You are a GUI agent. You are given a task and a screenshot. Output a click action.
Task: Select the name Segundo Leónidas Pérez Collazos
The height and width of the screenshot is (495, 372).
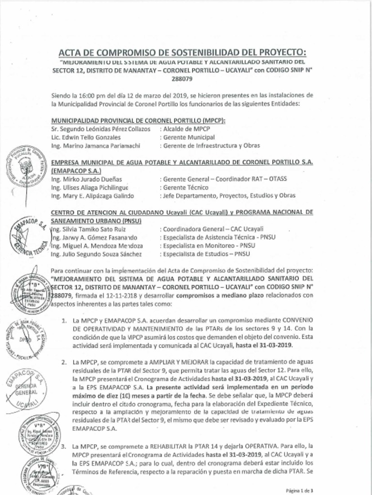tap(105, 130)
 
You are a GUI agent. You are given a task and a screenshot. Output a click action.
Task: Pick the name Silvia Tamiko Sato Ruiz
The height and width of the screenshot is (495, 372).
tap(91, 229)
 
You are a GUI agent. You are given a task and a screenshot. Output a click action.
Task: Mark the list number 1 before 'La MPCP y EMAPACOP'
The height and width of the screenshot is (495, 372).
tap(64, 320)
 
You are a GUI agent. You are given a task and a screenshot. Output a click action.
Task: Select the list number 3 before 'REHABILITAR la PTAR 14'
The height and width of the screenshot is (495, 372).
tap(64, 443)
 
